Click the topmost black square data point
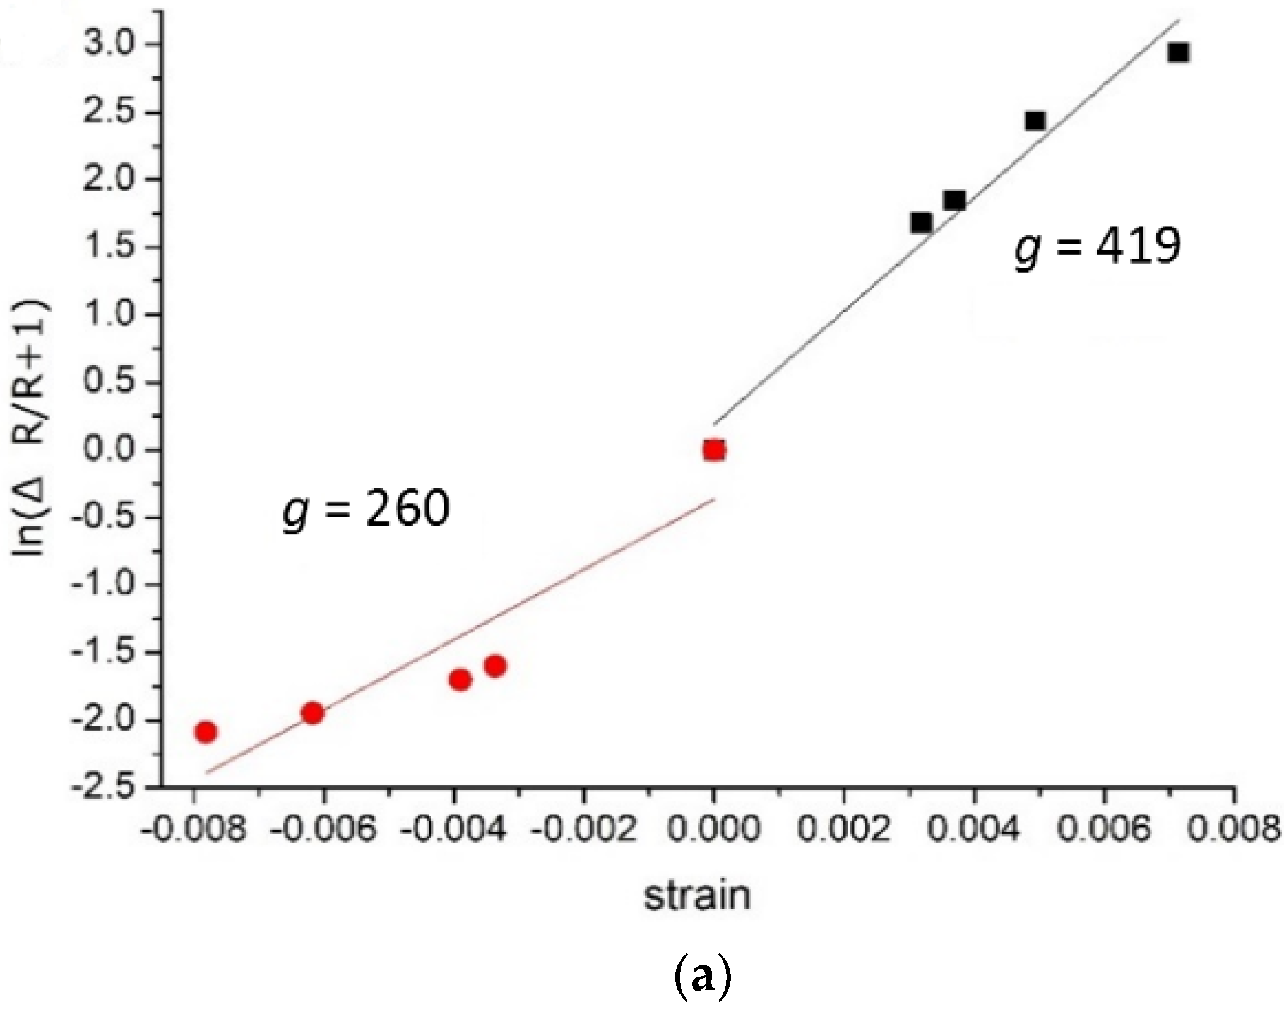(x=1178, y=52)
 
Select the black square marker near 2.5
(x=1035, y=121)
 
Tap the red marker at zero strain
(x=714, y=450)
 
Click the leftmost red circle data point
(x=206, y=732)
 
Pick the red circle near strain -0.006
(x=312, y=714)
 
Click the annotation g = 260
(x=366, y=509)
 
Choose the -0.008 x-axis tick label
(x=193, y=828)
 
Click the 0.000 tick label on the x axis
(x=714, y=828)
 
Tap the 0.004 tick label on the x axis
(x=973, y=828)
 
